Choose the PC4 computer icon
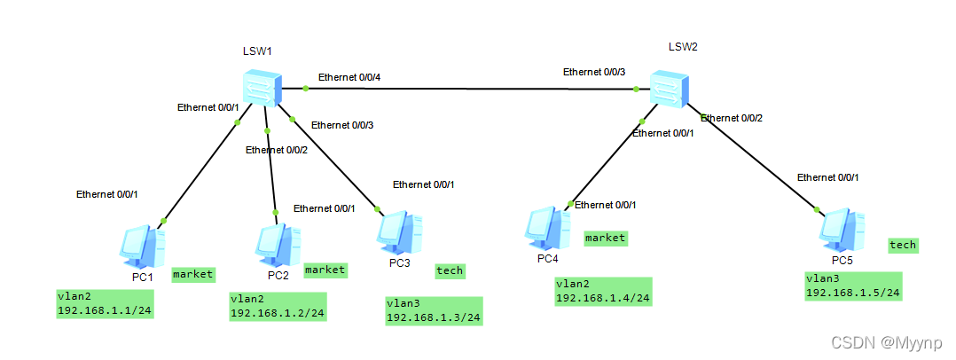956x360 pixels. pyautogui.click(x=547, y=228)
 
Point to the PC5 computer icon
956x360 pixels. pyautogui.click(x=842, y=230)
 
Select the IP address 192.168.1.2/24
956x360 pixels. pyautogui.click(x=277, y=313)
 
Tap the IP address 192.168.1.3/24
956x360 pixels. pyautogui.click(x=434, y=317)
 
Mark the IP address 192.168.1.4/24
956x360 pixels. pyautogui.click(x=603, y=298)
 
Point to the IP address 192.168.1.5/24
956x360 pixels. pyautogui.click(x=853, y=293)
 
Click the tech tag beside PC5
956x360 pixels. pyautogui.click(x=903, y=245)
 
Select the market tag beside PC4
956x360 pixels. pyautogui.click(x=606, y=238)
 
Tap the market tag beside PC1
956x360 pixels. pyautogui.click(x=192, y=274)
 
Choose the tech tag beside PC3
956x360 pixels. pyautogui.click(x=450, y=270)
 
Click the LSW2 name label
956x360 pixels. pyautogui.click(x=683, y=45)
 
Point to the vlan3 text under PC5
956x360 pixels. pyautogui.click(x=823, y=278)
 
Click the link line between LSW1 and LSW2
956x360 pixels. pyautogui.click(x=470, y=89)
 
